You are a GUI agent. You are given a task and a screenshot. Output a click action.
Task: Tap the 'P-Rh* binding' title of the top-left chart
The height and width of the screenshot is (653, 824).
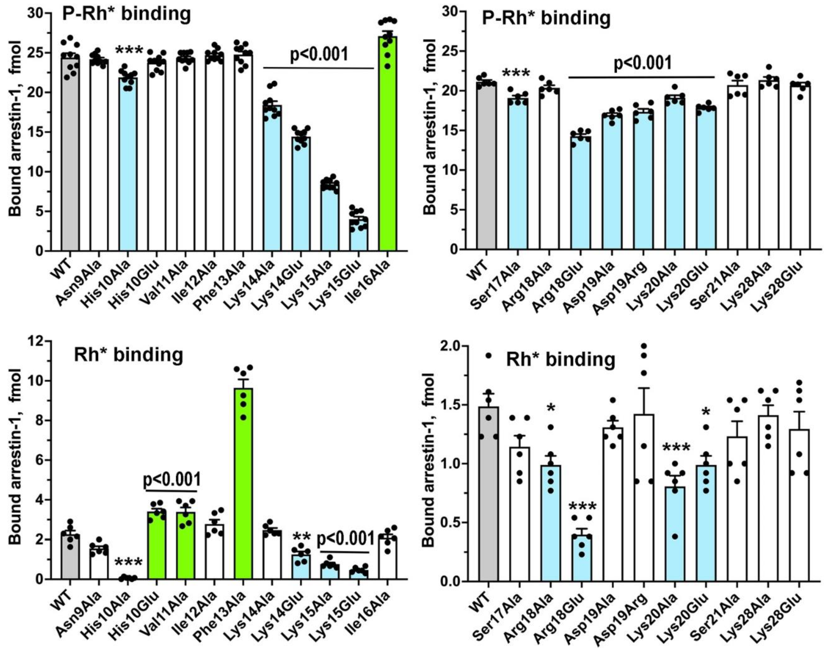click(x=126, y=14)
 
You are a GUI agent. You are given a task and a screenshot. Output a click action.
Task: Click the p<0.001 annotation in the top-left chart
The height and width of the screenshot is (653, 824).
click(x=319, y=54)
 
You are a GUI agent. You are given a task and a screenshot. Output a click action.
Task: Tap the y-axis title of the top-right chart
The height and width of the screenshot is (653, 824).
click(x=431, y=126)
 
